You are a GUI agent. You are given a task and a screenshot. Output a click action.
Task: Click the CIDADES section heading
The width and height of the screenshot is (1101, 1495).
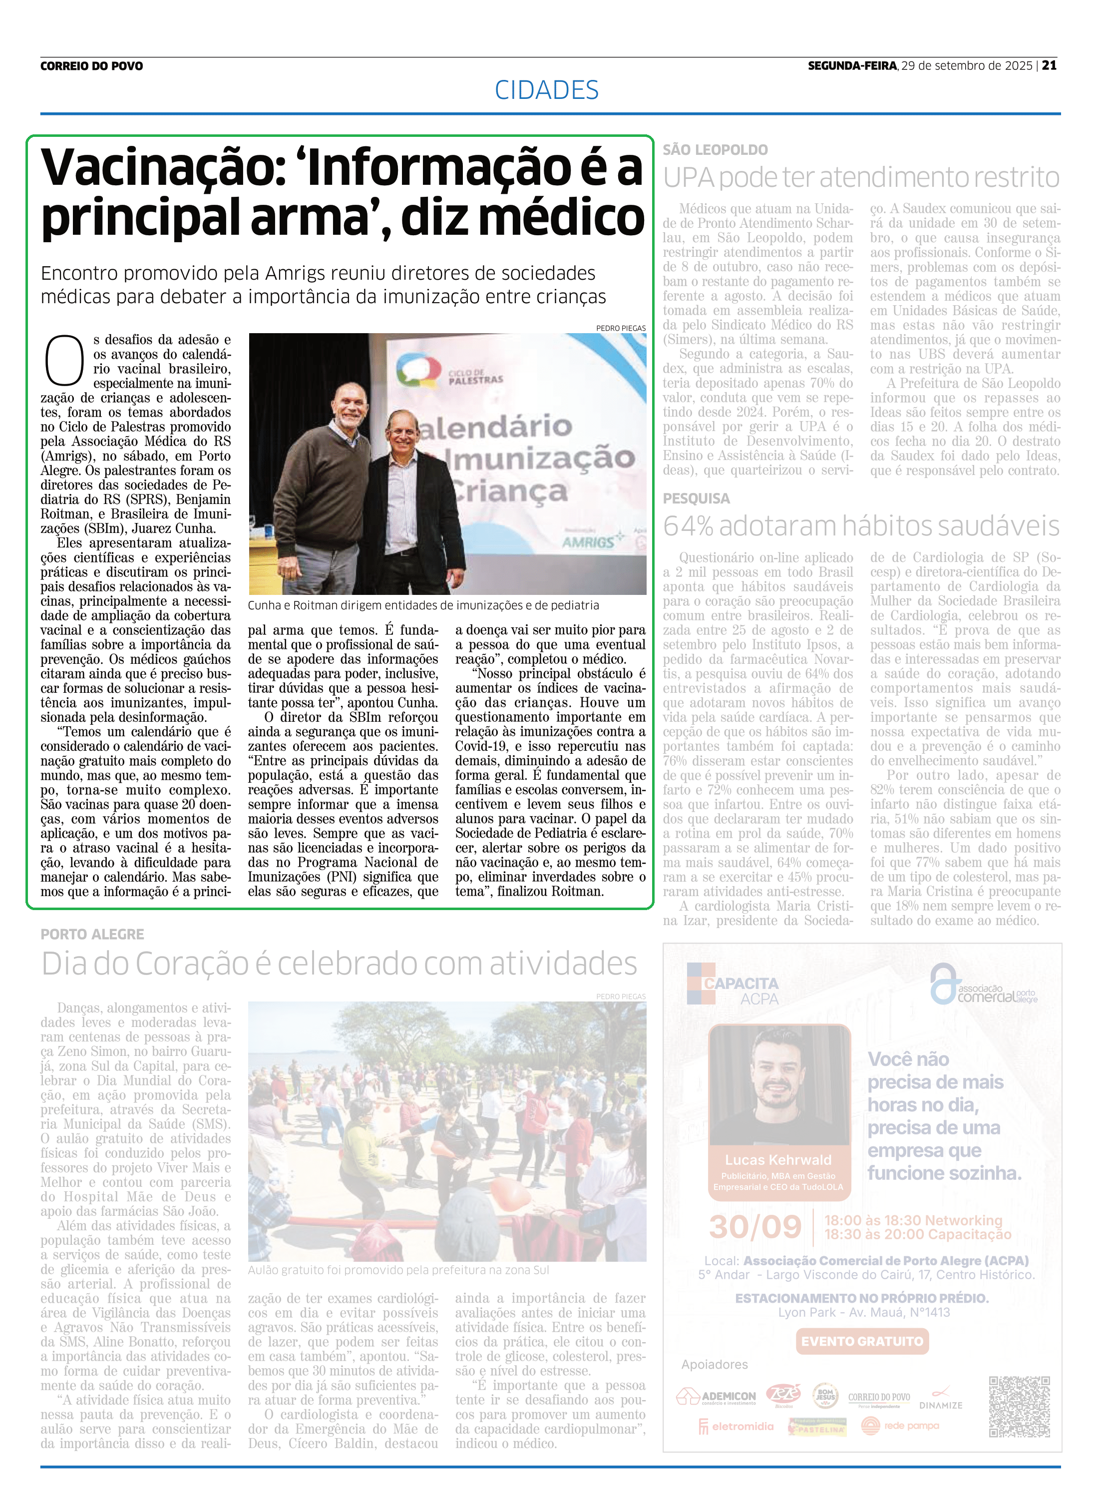pyautogui.click(x=546, y=90)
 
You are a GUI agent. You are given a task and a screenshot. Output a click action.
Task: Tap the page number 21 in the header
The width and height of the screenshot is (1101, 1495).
pyautogui.click(x=1050, y=65)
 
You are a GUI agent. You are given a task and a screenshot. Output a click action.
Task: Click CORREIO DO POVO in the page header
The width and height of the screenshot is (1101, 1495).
pyautogui.click(x=91, y=66)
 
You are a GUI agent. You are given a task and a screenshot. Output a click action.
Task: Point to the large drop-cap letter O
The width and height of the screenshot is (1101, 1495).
pyautogui.click(x=64, y=361)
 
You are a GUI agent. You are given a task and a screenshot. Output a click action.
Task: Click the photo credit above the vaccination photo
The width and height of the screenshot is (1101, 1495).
pyautogui.click(x=621, y=328)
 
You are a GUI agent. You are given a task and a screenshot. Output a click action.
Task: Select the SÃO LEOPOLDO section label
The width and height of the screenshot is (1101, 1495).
pyautogui.click(x=715, y=150)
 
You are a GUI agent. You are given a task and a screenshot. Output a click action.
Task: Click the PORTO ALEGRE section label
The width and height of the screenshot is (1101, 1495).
pyautogui.click(x=92, y=935)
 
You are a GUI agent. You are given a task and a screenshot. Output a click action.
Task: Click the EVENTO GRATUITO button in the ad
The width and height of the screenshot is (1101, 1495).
pyautogui.click(x=862, y=1341)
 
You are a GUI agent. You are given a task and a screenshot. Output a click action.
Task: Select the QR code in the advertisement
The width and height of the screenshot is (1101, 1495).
pyautogui.click(x=1019, y=1407)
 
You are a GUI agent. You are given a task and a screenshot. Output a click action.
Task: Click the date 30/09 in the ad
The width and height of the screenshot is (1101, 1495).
pyautogui.click(x=754, y=1227)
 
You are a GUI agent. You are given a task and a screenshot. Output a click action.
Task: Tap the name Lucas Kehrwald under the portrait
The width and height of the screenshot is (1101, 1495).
pyautogui.click(x=778, y=1160)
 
